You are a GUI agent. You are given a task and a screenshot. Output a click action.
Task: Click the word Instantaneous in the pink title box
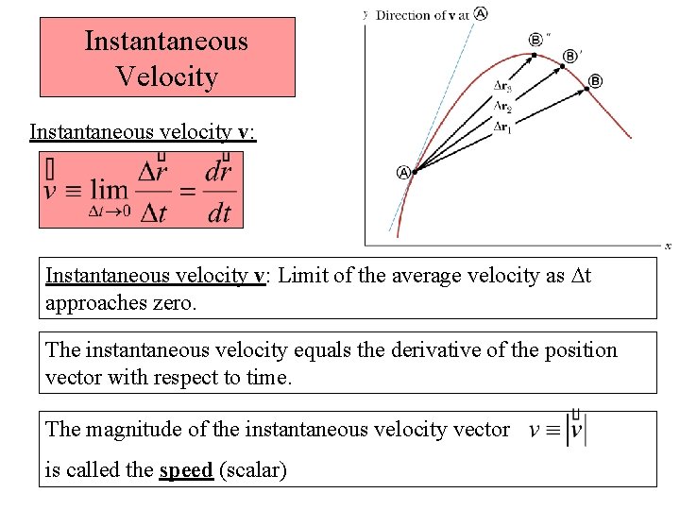pyautogui.click(x=166, y=42)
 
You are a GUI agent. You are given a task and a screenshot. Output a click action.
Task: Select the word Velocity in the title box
pyautogui.click(x=166, y=76)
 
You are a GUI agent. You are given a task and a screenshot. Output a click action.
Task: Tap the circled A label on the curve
pyautogui.click(x=403, y=173)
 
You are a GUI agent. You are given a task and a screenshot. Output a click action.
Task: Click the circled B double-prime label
pyautogui.click(x=536, y=40)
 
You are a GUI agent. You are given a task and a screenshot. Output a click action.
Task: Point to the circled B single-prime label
pyautogui.click(x=569, y=57)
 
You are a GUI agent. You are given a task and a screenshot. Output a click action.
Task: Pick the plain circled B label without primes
pyautogui.click(x=595, y=81)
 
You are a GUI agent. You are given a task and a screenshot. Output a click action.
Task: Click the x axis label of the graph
pyautogui.click(x=667, y=246)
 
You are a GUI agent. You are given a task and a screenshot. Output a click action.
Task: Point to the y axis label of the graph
pyautogui.click(x=365, y=13)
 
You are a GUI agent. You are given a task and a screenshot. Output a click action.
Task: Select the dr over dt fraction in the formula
pyautogui.click(x=218, y=190)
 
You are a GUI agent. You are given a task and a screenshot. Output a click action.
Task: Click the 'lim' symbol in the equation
pyautogui.click(x=109, y=189)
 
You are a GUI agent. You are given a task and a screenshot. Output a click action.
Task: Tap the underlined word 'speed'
pyautogui.click(x=186, y=470)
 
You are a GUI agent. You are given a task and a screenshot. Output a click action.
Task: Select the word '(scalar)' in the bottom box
pyautogui.click(x=252, y=470)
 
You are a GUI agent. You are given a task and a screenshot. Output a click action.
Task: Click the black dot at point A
pyautogui.click(x=415, y=171)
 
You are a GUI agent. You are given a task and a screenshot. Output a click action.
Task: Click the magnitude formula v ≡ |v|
pyautogui.click(x=557, y=430)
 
